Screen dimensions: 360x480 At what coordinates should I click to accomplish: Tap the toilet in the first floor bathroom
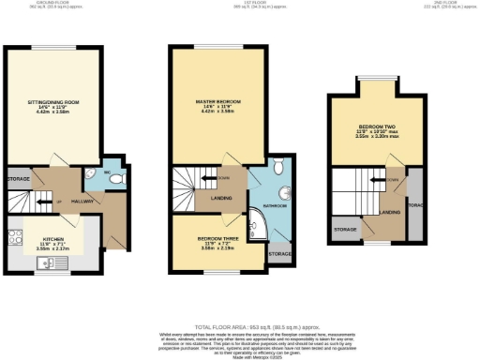coord(280,168)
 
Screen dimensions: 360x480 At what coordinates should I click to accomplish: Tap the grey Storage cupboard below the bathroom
coord(278,253)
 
